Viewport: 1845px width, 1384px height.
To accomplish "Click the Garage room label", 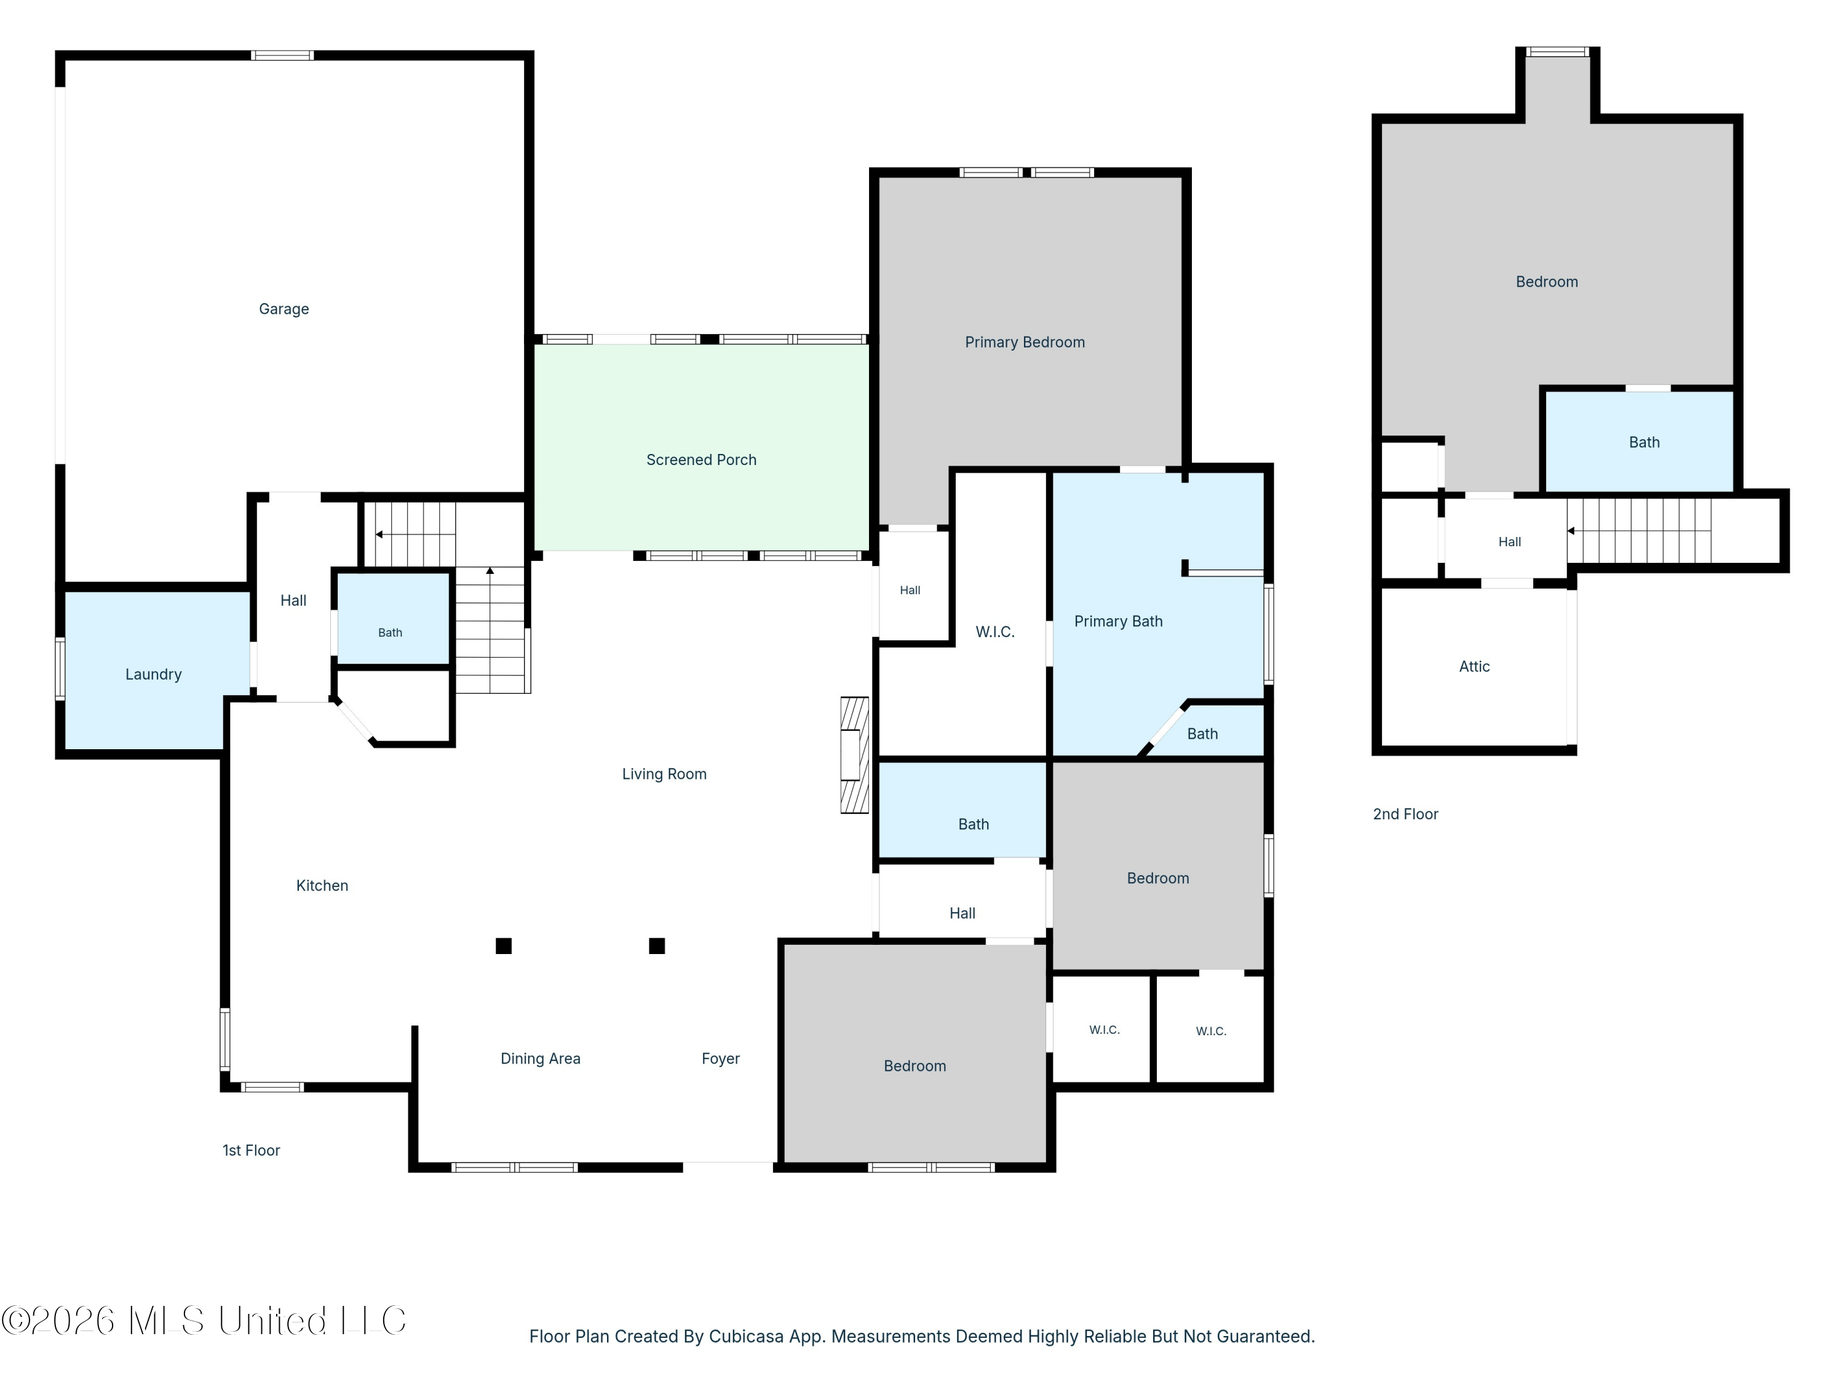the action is [284, 309].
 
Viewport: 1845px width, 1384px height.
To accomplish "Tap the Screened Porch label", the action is [702, 459].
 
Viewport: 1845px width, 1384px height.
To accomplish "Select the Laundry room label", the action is [154, 674].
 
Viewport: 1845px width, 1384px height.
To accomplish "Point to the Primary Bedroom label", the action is [1025, 342].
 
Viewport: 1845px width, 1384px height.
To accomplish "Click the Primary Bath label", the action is [1119, 621].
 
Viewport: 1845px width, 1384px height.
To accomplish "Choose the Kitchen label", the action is [322, 885].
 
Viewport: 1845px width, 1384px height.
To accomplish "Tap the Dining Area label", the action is [541, 1059].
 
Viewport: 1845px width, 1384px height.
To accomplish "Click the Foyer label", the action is [721, 1059].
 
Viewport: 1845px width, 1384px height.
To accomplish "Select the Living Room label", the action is [664, 774].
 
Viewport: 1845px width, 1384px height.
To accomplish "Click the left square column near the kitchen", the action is [504, 945].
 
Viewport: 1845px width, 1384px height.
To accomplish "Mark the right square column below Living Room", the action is [657, 945].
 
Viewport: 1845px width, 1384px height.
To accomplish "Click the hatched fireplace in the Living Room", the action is [854, 755].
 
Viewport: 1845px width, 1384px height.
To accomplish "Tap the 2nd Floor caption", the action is [1405, 814].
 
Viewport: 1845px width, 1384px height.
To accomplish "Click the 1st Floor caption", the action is [251, 1150].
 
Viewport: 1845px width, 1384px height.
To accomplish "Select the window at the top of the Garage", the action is [283, 56].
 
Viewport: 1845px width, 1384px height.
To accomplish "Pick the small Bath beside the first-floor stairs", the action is [391, 632].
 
